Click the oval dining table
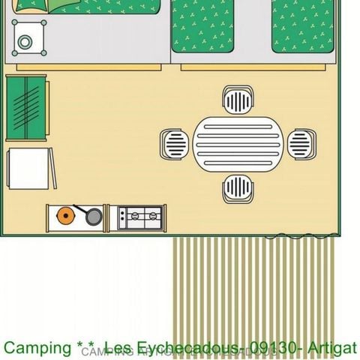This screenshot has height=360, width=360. pyautogui.click(x=237, y=142)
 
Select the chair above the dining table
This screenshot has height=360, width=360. pyautogui.click(x=238, y=100)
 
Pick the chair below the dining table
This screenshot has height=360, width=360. pyautogui.click(x=238, y=188)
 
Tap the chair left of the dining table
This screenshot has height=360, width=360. pyautogui.click(x=175, y=142)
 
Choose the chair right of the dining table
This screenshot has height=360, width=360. pyautogui.click(x=301, y=142)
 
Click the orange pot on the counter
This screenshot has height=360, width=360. pyautogui.click(x=66, y=216)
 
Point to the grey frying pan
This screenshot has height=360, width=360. pyautogui.click(x=92, y=217)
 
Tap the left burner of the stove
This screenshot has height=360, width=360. pyautogui.click(x=136, y=217)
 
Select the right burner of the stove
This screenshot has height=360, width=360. pyautogui.click(x=153, y=217)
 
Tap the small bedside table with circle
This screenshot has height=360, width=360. pyautogui.click(x=28, y=42)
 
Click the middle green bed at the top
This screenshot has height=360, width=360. pyautogui.click(x=202, y=26)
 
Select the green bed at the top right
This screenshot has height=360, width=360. pyautogui.click(x=301, y=26)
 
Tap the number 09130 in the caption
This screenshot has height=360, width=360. pyautogui.click(x=272, y=349)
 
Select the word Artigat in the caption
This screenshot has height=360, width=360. pyautogui.click(x=334, y=349)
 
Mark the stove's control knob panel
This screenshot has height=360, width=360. pyautogui.click(x=123, y=217)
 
